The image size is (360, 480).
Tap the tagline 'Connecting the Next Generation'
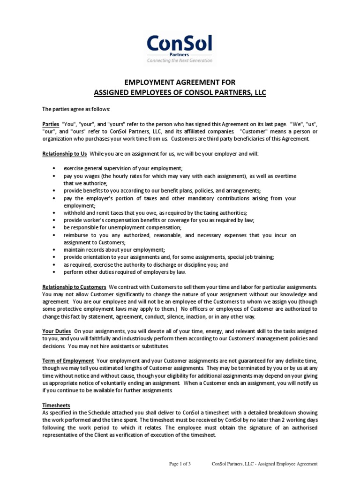point(180,60)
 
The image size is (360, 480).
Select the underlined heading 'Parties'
point(51,124)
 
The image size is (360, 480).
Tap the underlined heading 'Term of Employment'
point(68,360)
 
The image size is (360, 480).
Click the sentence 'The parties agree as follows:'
point(76,109)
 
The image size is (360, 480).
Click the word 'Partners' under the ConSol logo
point(180,54)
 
